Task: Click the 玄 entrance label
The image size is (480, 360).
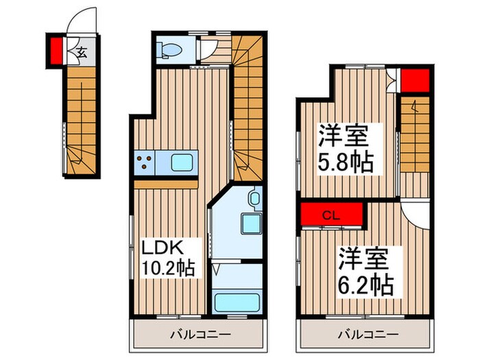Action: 80,51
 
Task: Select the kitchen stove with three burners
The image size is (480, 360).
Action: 145,163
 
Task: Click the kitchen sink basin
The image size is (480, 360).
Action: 182,163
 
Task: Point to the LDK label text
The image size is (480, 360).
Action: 162,246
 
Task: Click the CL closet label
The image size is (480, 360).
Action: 331,214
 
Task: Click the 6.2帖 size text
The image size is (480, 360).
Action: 365,284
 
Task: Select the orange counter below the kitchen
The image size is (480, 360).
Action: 166,183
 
